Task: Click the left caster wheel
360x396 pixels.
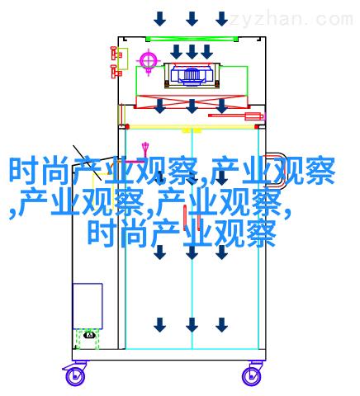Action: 75,376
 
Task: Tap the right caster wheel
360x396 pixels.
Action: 251,376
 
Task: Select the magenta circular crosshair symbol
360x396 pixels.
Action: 149,61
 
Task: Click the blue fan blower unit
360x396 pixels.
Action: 192,74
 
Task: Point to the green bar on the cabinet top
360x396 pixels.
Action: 192,39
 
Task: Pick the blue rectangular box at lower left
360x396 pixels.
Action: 88,306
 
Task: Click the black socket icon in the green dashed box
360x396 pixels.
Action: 90,335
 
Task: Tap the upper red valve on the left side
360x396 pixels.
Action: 116,54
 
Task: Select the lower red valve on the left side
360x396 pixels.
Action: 116,72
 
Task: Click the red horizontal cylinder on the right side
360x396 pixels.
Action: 236,116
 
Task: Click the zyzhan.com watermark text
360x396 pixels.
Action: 291,19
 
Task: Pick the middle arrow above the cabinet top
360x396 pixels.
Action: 192,19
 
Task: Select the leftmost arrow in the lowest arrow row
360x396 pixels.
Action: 159,325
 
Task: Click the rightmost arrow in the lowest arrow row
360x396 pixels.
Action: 221,325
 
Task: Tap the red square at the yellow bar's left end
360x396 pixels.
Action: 127,127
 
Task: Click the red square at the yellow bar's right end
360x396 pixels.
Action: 257,127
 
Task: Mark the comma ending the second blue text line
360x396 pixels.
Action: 287,213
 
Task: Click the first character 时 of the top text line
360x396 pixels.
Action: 24,171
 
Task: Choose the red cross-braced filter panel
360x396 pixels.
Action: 192,101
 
